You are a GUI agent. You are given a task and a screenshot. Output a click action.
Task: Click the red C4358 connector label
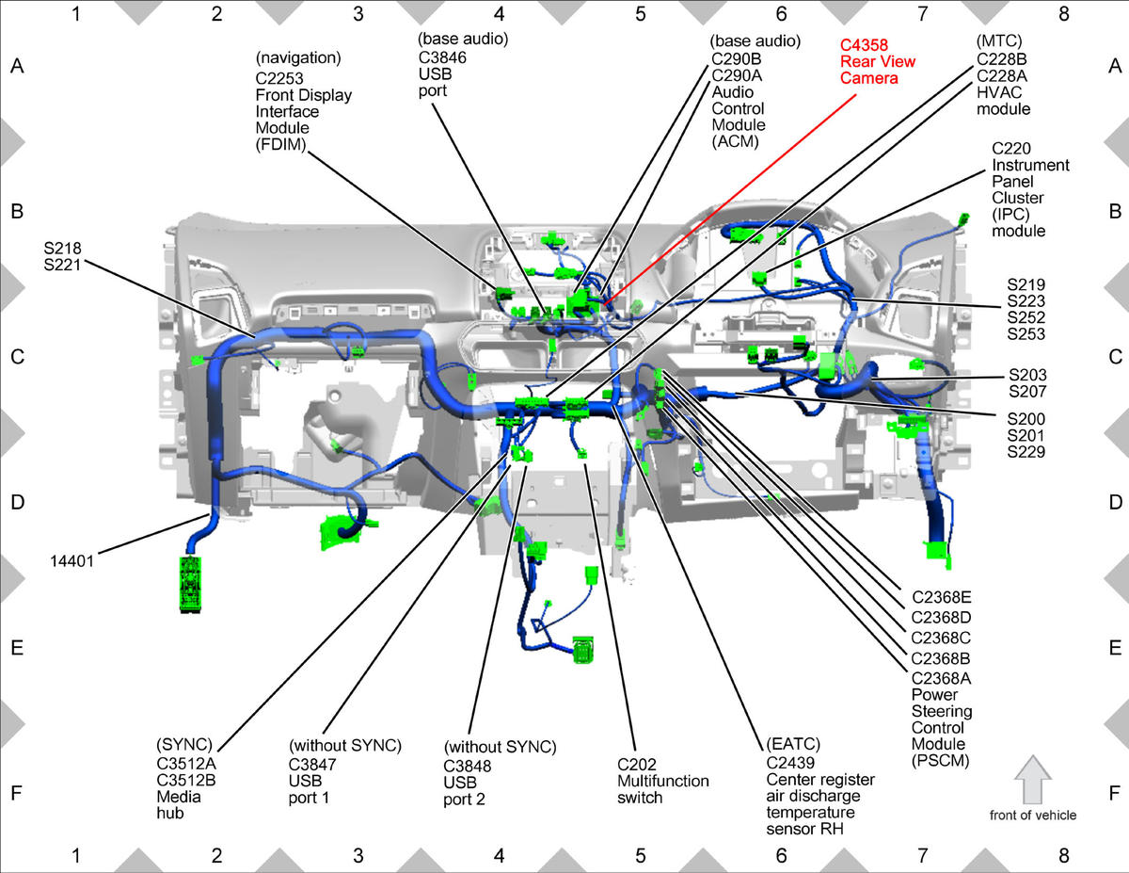864,45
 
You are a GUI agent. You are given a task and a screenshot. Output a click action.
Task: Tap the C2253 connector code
279,78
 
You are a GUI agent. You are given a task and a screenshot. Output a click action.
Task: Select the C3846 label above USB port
442,57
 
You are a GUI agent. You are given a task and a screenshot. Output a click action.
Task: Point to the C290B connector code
737,59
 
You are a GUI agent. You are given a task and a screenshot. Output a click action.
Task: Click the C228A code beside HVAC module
1002,76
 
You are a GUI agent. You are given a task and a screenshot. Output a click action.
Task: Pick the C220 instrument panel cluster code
1011,149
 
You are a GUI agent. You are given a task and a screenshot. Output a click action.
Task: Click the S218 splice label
62,248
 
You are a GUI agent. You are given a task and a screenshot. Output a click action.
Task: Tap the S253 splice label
1026,333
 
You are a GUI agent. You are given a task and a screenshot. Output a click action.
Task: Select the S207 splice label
1027,391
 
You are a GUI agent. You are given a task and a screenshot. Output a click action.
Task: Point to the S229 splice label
1026,452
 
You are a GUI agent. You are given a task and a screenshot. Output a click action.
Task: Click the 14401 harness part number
72,561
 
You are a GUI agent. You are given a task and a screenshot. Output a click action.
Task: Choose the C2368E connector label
942,597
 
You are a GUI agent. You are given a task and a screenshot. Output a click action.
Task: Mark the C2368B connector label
941,658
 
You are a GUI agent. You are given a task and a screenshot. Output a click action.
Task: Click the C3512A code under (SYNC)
186,764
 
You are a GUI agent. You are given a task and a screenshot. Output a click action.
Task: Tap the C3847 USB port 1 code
312,765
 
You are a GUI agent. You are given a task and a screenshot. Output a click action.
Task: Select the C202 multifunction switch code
636,765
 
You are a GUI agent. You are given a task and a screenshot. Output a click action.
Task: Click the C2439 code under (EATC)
790,763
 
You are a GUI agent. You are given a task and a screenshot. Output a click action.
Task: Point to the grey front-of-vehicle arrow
1033,780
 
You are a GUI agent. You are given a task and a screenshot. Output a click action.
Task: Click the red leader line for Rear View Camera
729,199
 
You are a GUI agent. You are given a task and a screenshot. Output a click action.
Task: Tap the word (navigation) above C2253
298,57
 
